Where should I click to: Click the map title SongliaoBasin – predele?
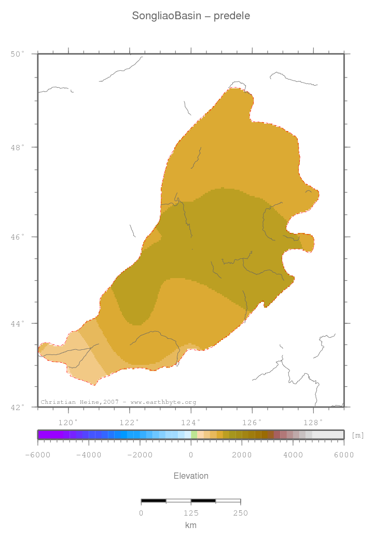point(191,16)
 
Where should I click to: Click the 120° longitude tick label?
point(68,422)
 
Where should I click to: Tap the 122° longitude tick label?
point(130,422)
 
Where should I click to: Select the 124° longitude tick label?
point(191,422)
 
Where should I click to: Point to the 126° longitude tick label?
point(252,422)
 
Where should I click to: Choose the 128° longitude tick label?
point(313,422)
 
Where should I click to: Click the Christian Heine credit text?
point(118,402)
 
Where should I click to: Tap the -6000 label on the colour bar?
point(37,455)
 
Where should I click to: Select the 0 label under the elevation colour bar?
point(191,455)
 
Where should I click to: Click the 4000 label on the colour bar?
point(293,455)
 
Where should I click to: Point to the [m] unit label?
point(358,436)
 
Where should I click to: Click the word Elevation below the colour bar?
point(191,476)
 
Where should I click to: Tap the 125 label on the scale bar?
point(191,513)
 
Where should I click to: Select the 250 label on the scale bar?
point(240,513)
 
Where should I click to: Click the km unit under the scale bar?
point(191,525)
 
